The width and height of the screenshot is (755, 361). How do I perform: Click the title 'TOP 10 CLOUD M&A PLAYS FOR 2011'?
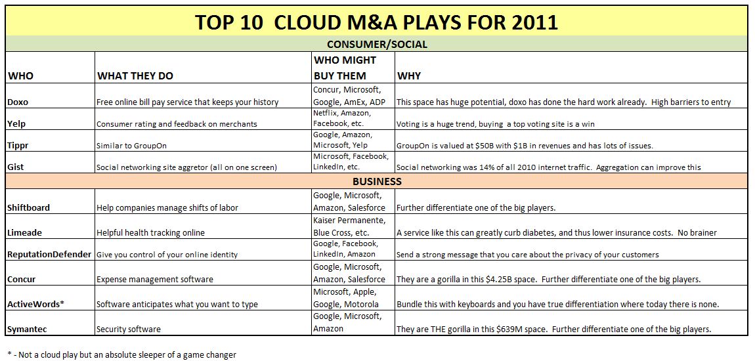tap(376, 22)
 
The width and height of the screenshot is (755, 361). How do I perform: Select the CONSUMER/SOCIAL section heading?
tap(376, 45)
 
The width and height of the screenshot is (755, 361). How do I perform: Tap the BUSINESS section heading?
tap(376, 181)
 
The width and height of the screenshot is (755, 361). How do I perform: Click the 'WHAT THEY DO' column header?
tap(135, 75)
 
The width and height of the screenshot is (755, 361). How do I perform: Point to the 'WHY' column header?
tap(409, 75)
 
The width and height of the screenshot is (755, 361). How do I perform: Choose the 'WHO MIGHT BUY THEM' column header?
tap(345, 68)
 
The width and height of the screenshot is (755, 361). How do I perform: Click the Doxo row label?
tap(18, 102)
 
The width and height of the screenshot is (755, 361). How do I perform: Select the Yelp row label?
tap(16, 123)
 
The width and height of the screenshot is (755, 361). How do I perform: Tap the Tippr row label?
tap(18, 145)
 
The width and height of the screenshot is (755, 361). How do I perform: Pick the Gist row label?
tap(16, 167)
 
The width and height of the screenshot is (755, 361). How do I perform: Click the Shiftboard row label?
tap(28, 207)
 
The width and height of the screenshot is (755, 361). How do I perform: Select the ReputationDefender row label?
tap(49, 254)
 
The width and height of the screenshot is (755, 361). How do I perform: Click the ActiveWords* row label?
tap(33, 304)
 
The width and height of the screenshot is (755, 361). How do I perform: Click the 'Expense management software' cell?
tap(155, 279)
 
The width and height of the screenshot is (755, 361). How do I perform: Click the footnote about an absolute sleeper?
tap(121, 354)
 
